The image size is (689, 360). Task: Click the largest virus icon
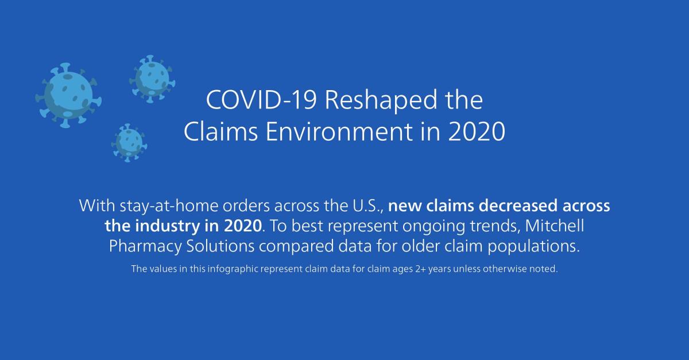tap(68, 95)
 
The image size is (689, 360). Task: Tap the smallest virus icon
tap(129, 143)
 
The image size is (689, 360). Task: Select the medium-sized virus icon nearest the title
tap(152, 79)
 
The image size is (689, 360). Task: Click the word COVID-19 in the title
tap(261, 100)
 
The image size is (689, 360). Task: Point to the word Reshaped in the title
tap(381, 100)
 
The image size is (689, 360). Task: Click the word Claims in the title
tap(221, 131)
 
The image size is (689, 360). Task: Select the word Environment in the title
tap(339, 131)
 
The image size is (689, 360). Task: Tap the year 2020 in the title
tap(477, 131)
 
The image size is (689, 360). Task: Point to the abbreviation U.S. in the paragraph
tap(367, 206)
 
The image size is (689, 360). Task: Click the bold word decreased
tap(518, 206)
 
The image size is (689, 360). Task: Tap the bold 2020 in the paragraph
tap(243, 226)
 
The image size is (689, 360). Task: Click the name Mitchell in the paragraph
tap(555, 226)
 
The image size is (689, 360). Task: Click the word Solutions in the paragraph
tap(220, 246)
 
